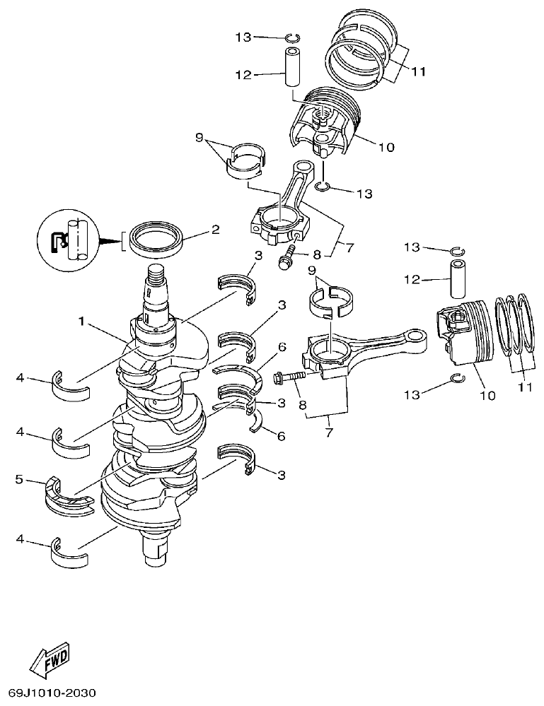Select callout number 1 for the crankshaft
tap(83, 322)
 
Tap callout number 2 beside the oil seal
tap(215, 230)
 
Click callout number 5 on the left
tap(19, 480)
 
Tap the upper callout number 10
tap(386, 148)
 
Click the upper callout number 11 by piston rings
tap(419, 71)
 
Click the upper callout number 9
tap(199, 137)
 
